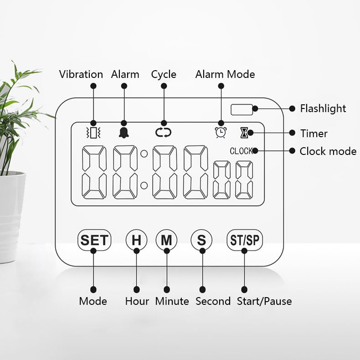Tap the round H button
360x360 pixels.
(136, 240)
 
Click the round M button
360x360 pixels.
(166, 240)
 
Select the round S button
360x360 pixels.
(201, 240)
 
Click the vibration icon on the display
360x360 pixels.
(93, 133)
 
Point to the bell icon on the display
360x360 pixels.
(123, 133)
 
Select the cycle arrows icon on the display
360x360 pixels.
(163, 133)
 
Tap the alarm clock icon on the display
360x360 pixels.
(221, 133)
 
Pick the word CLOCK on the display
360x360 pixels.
(241, 151)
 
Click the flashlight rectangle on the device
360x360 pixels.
(242, 109)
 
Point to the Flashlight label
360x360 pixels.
(323, 108)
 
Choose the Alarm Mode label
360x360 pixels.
(225, 74)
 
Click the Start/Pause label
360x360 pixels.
(264, 301)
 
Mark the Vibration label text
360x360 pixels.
(81, 74)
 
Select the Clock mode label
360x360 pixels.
(328, 151)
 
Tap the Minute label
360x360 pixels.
(172, 301)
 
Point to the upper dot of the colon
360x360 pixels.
(144, 154)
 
